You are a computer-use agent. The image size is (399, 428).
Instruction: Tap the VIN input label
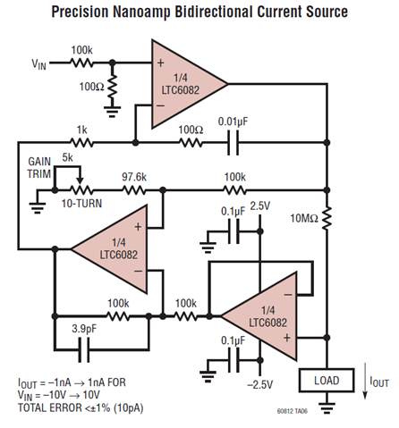[x=40, y=63]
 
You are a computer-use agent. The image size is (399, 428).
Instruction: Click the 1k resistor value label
[x=82, y=130]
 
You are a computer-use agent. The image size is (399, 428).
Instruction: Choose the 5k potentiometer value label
[x=67, y=158]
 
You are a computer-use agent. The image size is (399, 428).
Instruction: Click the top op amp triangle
[x=183, y=83]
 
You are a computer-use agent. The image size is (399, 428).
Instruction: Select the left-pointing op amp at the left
[x=111, y=248]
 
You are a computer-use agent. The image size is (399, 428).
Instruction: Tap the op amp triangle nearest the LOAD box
[x=259, y=315]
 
